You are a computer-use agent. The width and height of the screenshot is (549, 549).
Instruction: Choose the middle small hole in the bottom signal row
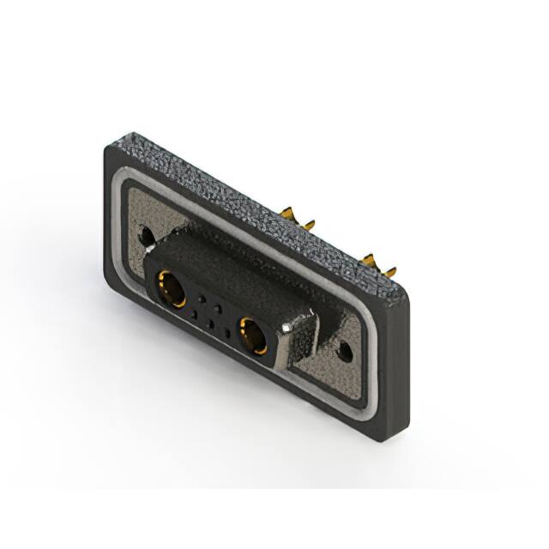[x=210, y=324]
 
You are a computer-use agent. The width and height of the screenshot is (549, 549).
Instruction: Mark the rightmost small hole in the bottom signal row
[x=226, y=333]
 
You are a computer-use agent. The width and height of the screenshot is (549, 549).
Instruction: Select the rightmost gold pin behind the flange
[x=390, y=272]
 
